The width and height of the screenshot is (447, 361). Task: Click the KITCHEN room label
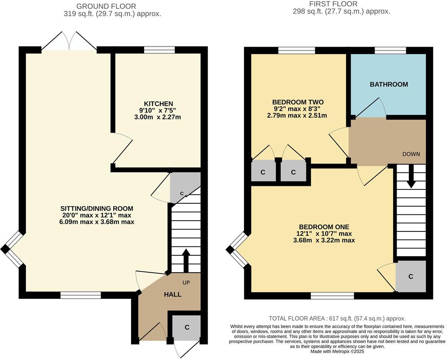(158, 104)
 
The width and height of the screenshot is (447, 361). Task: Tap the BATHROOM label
(389, 84)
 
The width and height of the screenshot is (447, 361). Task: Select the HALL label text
(173, 294)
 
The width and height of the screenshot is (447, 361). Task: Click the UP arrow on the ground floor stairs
(186, 261)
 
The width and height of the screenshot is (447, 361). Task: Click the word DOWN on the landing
(411, 154)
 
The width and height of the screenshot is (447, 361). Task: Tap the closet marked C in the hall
(187, 327)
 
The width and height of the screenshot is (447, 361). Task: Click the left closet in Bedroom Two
(263, 172)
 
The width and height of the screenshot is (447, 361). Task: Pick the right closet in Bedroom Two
(293, 172)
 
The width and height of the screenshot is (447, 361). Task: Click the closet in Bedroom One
(411, 277)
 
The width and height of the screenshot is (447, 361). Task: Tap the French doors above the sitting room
(69, 41)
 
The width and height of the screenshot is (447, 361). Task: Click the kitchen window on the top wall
(159, 50)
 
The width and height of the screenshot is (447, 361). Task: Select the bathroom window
(390, 50)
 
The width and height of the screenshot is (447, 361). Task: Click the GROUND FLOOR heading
(106, 6)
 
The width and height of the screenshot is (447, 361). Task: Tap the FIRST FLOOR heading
(333, 4)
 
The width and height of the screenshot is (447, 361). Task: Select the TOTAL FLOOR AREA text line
(337, 319)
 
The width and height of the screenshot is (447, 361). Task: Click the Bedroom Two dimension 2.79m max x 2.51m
(297, 115)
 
